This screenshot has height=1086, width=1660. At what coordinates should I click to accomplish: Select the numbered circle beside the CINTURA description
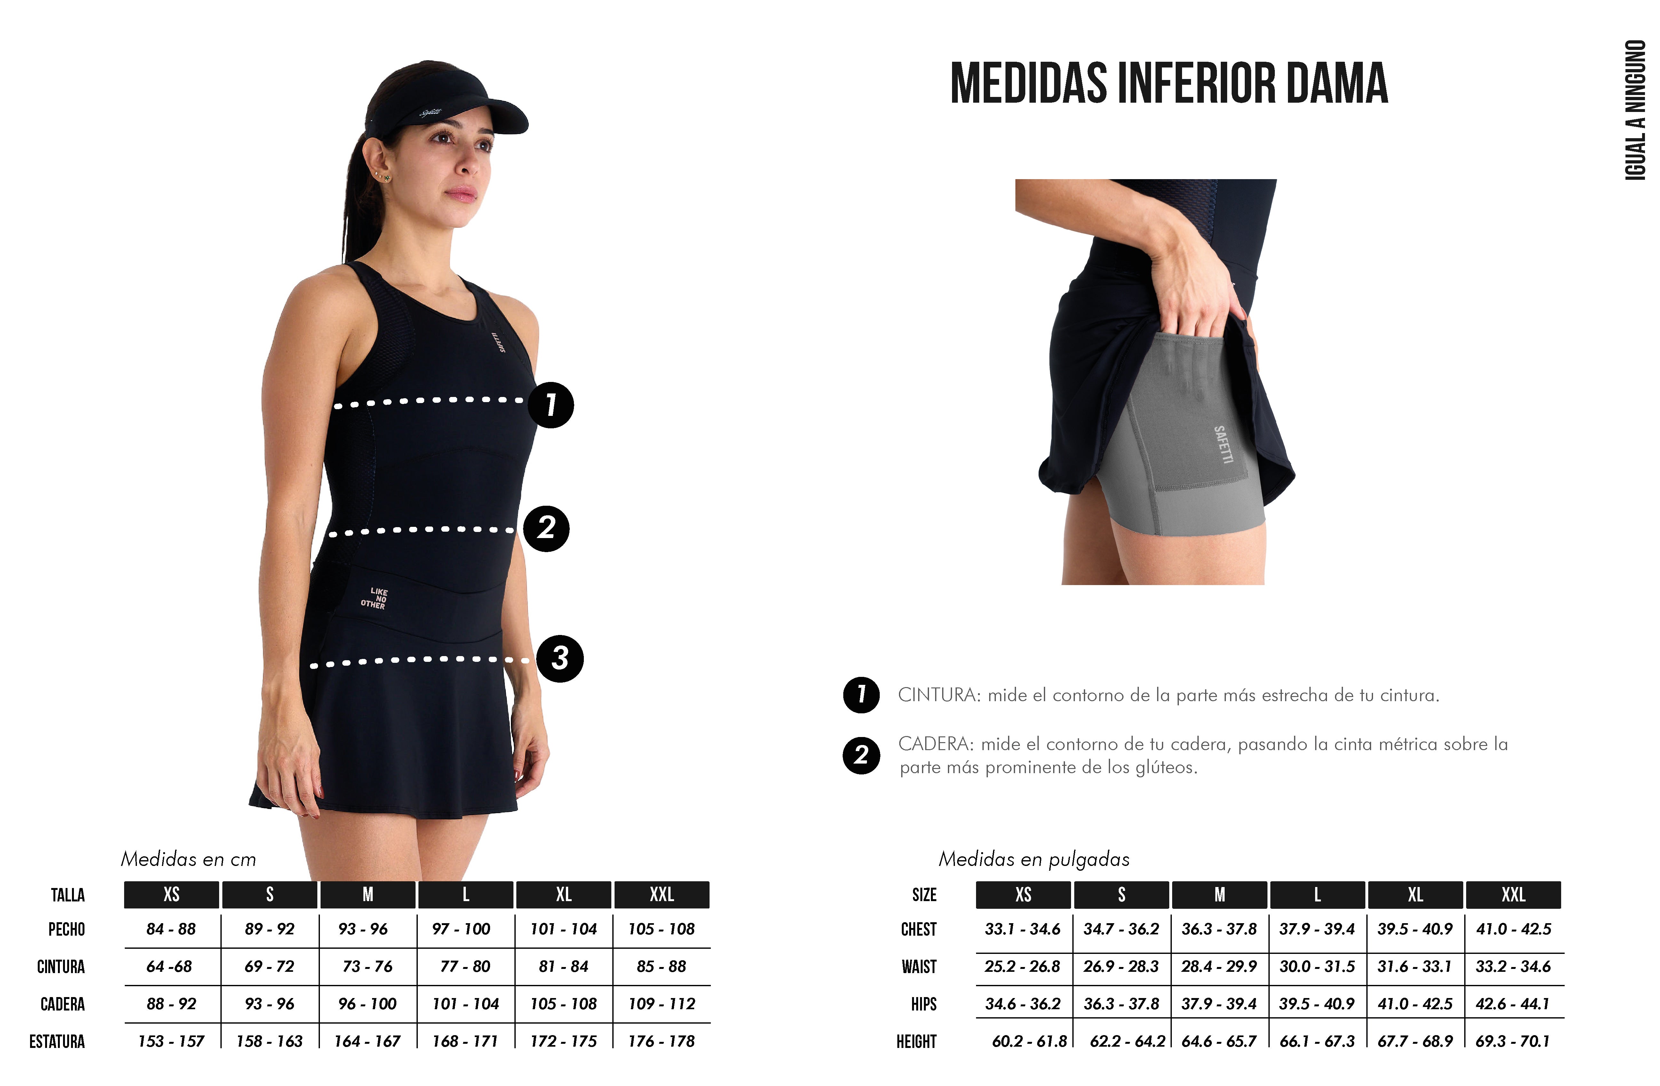(x=862, y=695)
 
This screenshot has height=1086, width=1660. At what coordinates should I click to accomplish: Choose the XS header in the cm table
(x=171, y=894)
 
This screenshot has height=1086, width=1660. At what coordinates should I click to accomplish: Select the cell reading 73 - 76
(x=368, y=966)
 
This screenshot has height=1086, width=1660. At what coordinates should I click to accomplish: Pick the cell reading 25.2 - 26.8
(x=1022, y=966)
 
